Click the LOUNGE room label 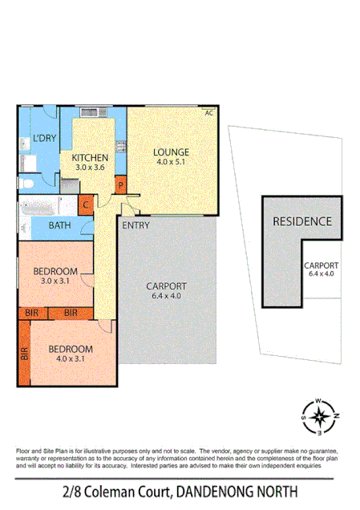pyautogui.click(x=171, y=152)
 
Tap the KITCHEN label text pyautogui.click(x=90, y=157)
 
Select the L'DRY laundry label pyautogui.click(x=44, y=139)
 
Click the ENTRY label pyautogui.click(x=136, y=225)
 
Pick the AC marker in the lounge pyautogui.click(x=209, y=113)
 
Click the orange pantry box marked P pyautogui.click(x=120, y=184)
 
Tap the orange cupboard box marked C pyautogui.click(x=86, y=204)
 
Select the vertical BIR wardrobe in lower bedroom pyautogui.click(x=24, y=353)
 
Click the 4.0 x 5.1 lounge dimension pyautogui.click(x=171, y=162)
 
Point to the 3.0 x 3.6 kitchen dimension pyautogui.click(x=90, y=168)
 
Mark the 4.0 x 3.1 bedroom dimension pyautogui.click(x=71, y=360)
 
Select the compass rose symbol pyautogui.click(x=319, y=415)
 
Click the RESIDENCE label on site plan pyautogui.click(x=302, y=221)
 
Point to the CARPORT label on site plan pyautogui.click(x=320, y=266)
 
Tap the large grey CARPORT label pyautogui.click(x=167, y=286)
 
